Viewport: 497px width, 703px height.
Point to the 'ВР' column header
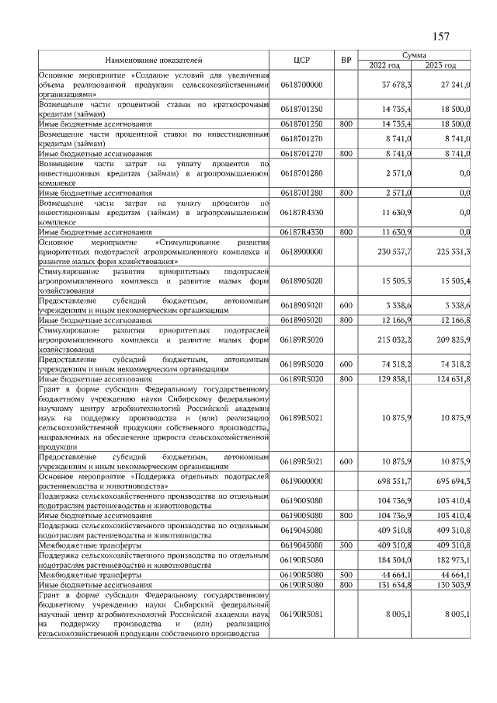click(x=346, y=59)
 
